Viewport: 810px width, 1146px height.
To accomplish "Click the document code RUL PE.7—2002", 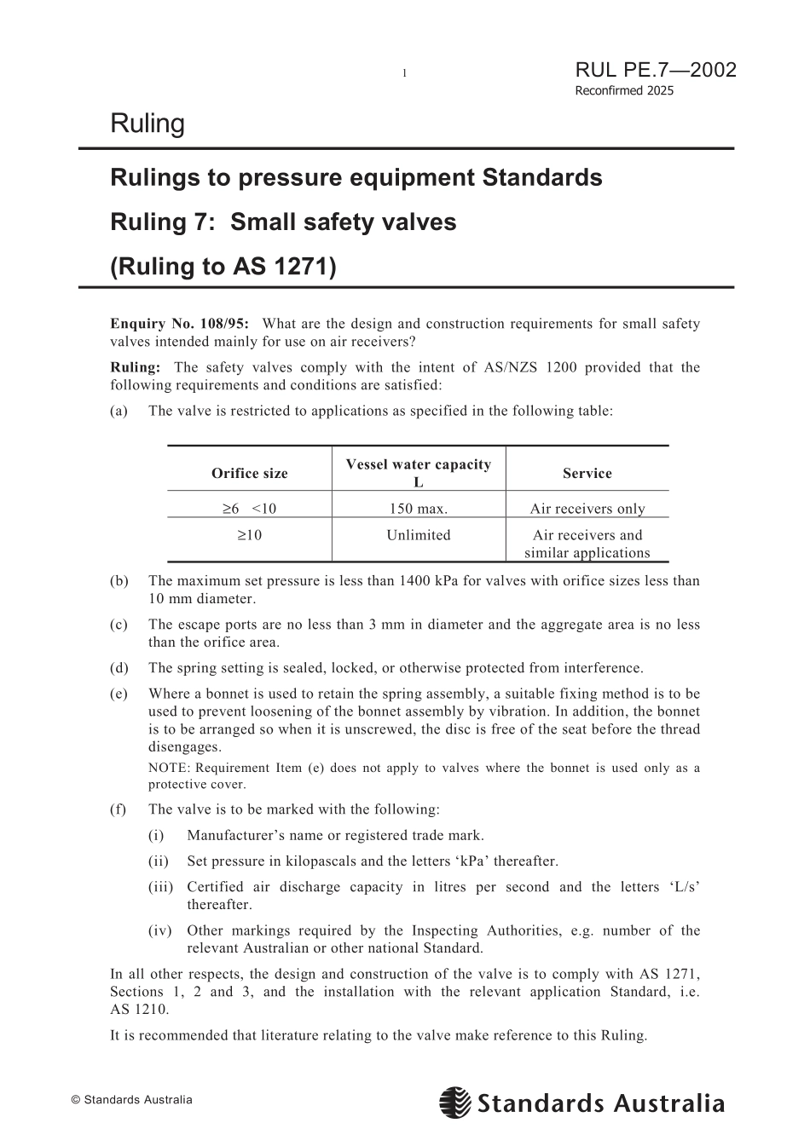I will pos(655,70).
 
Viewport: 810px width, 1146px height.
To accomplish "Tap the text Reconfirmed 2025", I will pos(623,91).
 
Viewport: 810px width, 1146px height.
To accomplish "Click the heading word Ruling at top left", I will pos(147,124).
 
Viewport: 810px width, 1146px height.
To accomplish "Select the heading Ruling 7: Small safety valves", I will pos(283,222).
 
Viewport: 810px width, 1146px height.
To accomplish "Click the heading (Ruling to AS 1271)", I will pos(223,267).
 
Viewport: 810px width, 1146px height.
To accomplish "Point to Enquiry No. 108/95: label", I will pos(179,324).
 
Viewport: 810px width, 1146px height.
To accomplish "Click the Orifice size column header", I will pos(249,473).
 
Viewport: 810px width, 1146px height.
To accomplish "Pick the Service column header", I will pos(587,473).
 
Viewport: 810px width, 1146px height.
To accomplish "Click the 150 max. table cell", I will pos(418,509).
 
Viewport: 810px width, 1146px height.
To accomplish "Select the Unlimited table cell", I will pos(418,535).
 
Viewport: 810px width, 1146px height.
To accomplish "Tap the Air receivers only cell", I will pos(587,509).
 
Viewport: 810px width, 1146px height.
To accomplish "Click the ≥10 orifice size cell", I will pos(249,535).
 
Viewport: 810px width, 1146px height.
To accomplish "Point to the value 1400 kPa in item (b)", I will pos(428,581).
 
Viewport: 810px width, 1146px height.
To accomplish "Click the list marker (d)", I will pos(119,668).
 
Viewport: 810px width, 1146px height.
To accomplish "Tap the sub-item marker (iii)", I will pos(160,887).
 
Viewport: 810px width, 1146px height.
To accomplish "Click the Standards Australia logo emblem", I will pos(454,1103).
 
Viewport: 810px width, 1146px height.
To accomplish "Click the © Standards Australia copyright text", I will pos(131,1100).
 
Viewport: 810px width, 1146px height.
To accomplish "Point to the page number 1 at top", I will pos(404,74).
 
